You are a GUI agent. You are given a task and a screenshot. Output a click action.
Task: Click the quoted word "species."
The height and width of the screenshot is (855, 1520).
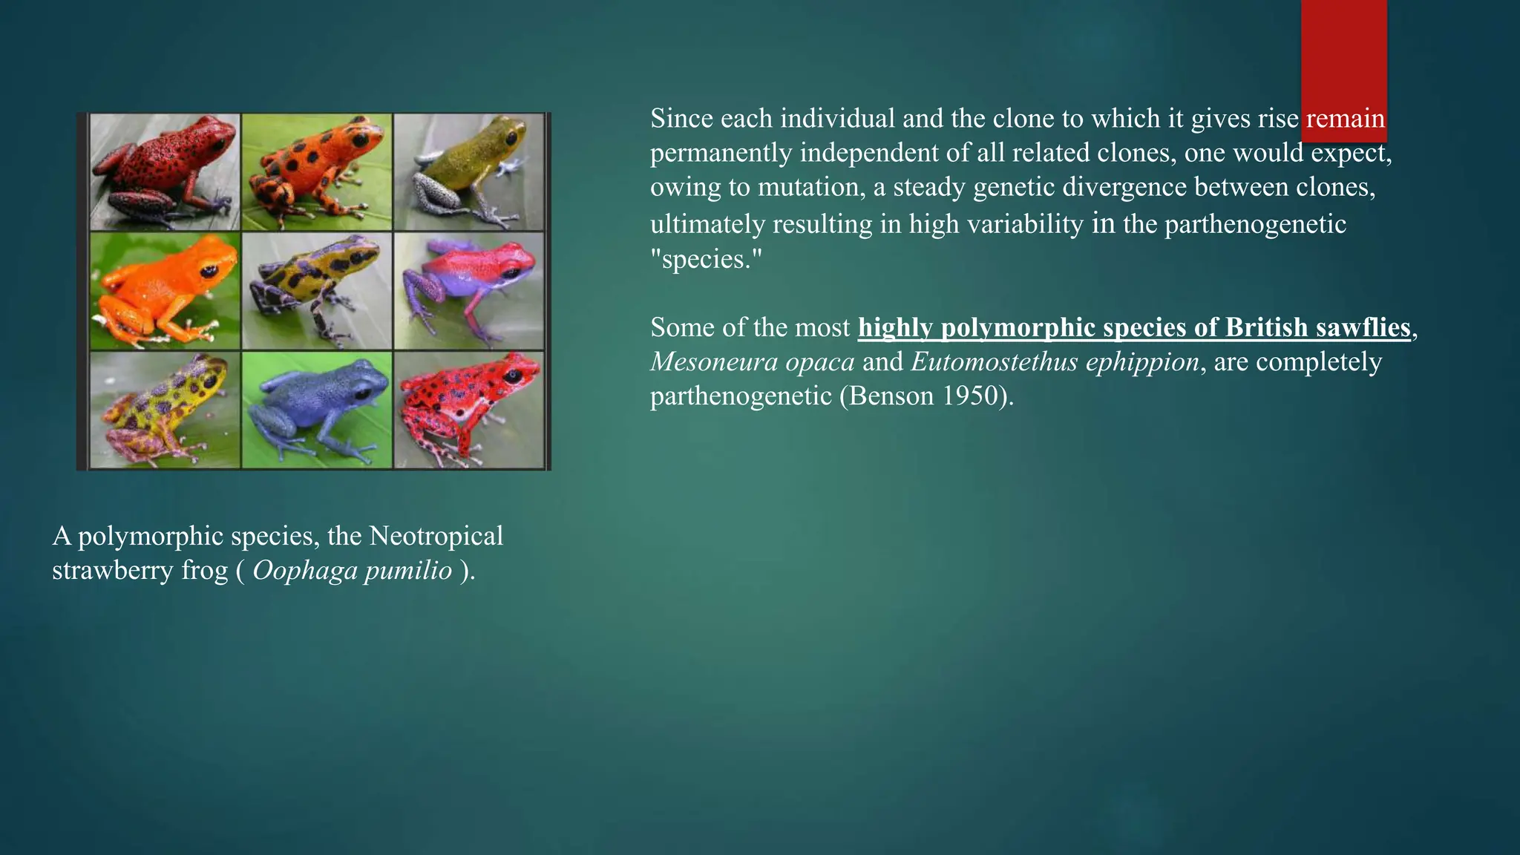pos(706,259)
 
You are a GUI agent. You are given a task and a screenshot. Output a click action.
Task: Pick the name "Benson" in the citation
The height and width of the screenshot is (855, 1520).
pos(891,396)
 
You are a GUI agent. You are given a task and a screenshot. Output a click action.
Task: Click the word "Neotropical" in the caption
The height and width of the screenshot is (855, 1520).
pos(436,536)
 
